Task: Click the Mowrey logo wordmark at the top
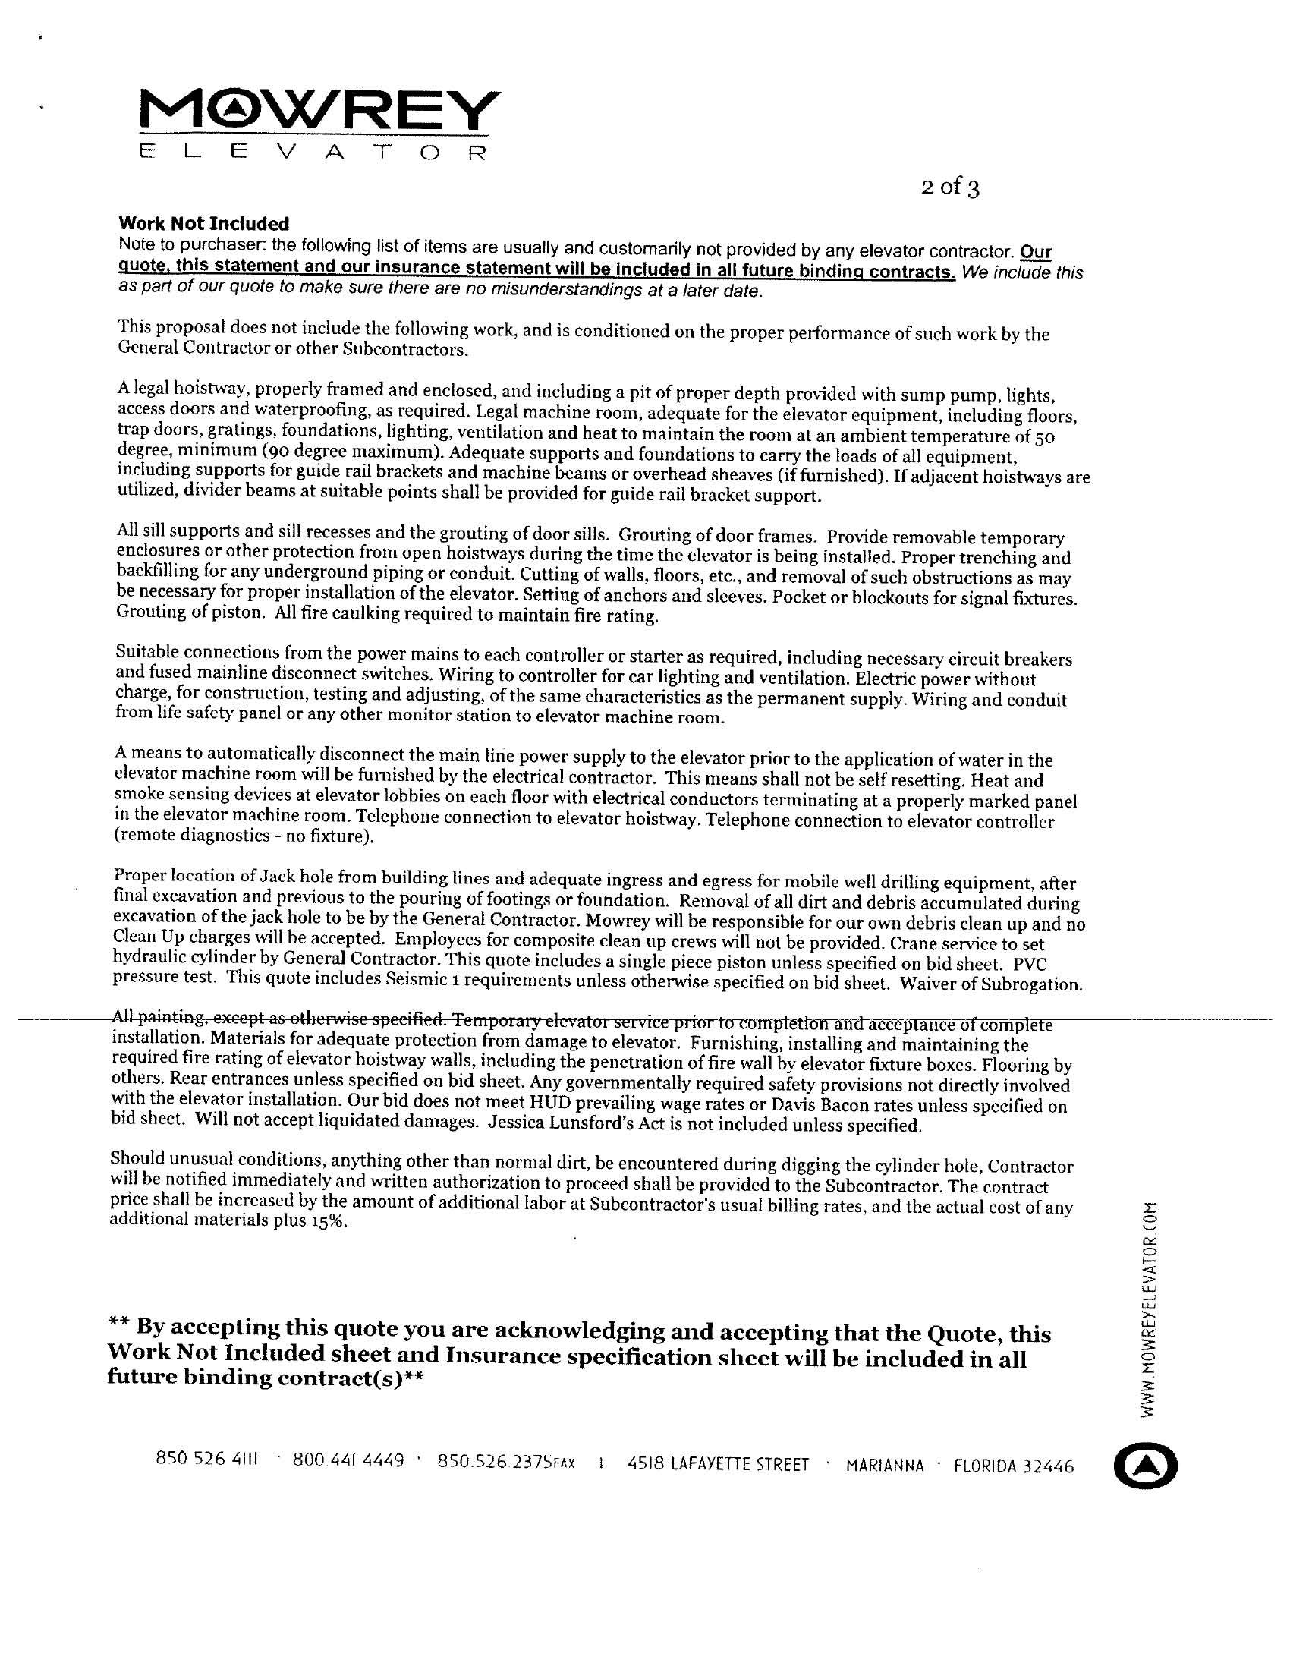(x=319, y=112)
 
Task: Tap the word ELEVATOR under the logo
(x=313, y=152)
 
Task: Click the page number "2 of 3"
(x=949, y=187)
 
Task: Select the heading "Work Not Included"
(x=204, y=224)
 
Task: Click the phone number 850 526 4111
(x=207, y=1458)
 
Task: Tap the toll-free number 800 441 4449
(x=348, y=1460)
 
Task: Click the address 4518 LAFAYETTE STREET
(x=718, y=1464)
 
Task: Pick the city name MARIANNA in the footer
(x=885, y=1465)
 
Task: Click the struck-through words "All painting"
(x=158, y=1017)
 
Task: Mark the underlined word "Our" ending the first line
(x=1037, y=252)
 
